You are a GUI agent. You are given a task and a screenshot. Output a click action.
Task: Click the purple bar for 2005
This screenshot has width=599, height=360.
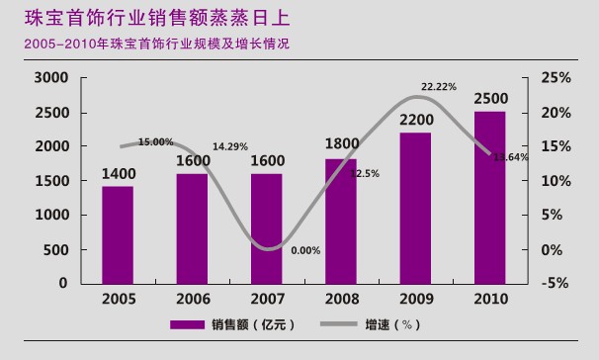point(117,234)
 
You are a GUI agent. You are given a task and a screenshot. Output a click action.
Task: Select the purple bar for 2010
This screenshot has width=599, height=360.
point(489,197)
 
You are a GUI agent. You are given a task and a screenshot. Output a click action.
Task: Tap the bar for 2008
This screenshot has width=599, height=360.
point(341,221)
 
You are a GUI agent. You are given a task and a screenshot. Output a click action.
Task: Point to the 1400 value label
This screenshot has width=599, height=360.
point(118,174)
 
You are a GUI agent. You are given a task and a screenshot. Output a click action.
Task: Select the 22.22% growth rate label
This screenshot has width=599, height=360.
point(438,87)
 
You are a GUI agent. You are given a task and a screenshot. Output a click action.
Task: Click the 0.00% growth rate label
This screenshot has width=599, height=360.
point(306,250)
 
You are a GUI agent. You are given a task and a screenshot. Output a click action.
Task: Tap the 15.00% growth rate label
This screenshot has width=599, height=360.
point(155,141)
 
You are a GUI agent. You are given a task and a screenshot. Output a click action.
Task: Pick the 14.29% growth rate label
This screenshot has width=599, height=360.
point(230,146)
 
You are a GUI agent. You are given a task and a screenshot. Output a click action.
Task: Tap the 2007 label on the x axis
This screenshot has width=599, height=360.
point(266,299)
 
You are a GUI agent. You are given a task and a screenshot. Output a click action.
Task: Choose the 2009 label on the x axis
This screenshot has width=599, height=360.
point(415,299)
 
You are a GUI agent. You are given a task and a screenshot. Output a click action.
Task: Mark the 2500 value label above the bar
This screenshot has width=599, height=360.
point(490,99)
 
